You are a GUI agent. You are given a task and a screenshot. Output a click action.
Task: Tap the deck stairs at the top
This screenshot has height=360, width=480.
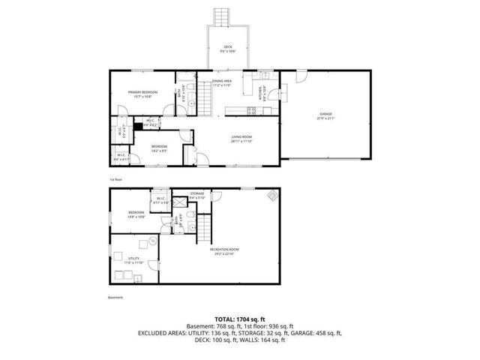click(220, 16)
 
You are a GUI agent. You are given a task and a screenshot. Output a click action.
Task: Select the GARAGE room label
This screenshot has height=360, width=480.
click(325, 115)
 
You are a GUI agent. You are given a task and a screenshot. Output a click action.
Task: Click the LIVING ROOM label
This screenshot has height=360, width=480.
click(241, 138)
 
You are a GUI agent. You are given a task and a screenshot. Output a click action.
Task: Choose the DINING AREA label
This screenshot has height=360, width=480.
click(223, 82)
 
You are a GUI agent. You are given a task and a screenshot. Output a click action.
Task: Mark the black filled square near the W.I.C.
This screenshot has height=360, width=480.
click(136, 124)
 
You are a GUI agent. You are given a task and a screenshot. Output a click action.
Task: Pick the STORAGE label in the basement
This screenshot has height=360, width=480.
click(196, 195)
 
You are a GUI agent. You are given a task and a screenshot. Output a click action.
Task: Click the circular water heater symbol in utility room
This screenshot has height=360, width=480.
click(151, 241)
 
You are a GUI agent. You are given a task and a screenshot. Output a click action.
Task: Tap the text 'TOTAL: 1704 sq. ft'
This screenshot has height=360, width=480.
click(239, 319)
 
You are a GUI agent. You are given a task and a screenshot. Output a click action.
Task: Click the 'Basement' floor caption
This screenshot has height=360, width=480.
click(115, 296)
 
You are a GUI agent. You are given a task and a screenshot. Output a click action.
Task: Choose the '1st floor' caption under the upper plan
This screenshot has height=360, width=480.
click(116, 179)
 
